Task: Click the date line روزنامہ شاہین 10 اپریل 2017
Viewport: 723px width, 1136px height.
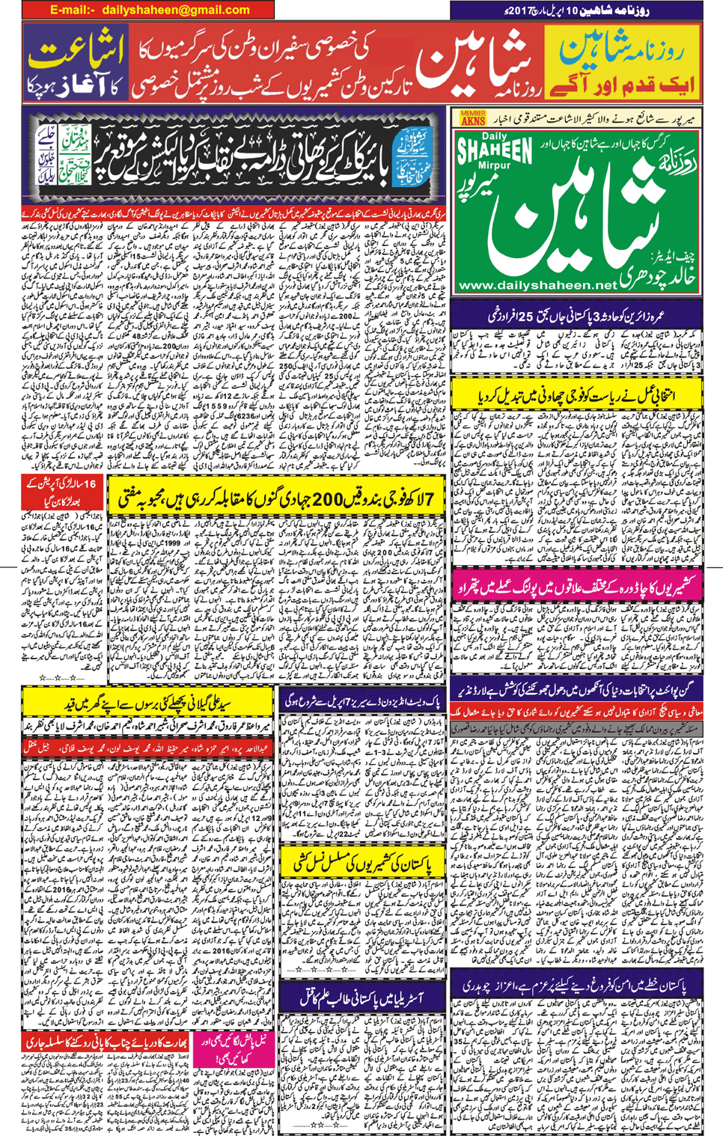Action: (x=576, y=10)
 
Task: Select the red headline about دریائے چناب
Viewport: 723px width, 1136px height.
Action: (x=106, y=1041)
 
